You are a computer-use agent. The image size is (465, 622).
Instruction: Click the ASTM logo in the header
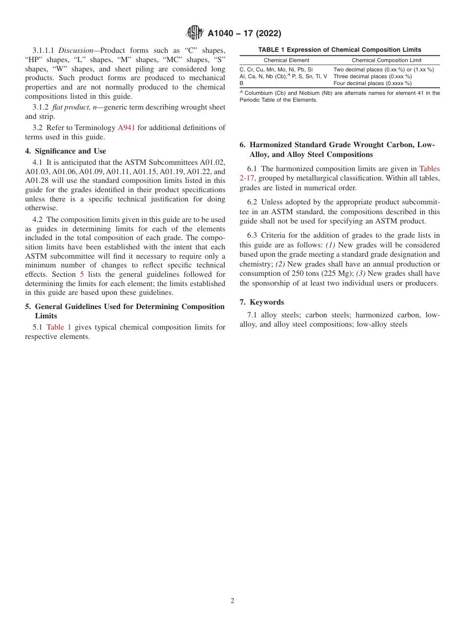pos(194,33)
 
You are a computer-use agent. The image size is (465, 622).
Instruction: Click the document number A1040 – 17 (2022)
pos(244,33)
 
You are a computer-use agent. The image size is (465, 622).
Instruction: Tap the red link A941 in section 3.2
pos(126,128)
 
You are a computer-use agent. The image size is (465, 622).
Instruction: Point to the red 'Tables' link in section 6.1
pos(429,169)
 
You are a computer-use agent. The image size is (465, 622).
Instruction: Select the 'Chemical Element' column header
pos(286,60)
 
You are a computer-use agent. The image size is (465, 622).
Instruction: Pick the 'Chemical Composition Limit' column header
pos(386,60)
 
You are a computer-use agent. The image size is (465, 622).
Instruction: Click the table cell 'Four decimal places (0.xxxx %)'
pos(372,83)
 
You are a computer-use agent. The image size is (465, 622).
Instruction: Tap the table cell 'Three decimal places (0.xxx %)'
pos(372,76)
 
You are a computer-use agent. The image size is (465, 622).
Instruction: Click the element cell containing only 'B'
pos(241,83)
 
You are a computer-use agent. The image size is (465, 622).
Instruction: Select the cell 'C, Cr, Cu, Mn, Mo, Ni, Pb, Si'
pos(276,69)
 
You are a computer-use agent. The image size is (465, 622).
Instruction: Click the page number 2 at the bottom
pos(232,601)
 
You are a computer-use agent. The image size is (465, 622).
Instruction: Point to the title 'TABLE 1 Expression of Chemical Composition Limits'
pos(340,50)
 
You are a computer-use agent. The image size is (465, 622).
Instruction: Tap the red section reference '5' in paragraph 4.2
pos(82,274)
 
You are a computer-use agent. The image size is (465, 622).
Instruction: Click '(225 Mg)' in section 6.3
pos(337,273)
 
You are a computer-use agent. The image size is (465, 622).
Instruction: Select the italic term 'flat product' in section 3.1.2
pos(70,107)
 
